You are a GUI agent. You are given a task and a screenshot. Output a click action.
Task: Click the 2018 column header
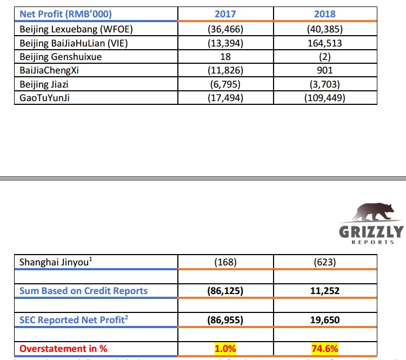325,14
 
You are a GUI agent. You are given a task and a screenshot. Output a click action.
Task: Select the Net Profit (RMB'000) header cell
69,14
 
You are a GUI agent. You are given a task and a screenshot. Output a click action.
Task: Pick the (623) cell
325,263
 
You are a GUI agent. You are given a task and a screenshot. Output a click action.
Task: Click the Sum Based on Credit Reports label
83,291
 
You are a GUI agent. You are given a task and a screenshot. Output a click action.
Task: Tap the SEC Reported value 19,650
325,321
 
